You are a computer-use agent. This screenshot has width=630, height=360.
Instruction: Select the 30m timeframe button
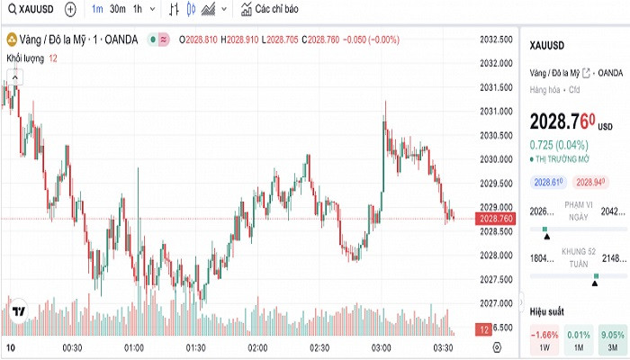pyautogui.click(x=117, y=9)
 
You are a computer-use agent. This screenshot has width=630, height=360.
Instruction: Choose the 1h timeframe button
pyautogui.click(x=138, y=9)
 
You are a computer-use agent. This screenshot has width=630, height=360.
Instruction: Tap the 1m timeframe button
pyautogui.click(x=96, y=9)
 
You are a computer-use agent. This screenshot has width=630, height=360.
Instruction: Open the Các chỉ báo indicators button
pyautogui.click(x=269, y=9)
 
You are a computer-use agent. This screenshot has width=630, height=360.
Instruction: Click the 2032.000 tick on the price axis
pyautogui.click(x=496, y=63)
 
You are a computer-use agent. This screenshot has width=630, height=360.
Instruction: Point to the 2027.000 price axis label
pyautogui.click(x=496, y=303)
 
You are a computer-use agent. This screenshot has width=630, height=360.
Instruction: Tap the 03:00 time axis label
pyautogui.click(x=381, y=346)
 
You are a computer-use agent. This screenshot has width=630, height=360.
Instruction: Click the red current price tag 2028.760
pyautogui.click(x=496, y=219)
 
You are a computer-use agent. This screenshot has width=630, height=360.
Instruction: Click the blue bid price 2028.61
pyautogui.click(x=547, y=182)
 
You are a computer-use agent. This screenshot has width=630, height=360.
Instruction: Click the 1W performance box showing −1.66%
pyautogui.click(x=544, y=340)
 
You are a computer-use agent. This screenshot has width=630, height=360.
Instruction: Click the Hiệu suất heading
pyautogui.click(x=546, y=310)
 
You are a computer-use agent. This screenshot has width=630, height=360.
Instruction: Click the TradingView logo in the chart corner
pyautogui.click(x=18, y=311)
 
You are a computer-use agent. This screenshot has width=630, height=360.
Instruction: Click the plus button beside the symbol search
pyautogui.click(x=70, y=9)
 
